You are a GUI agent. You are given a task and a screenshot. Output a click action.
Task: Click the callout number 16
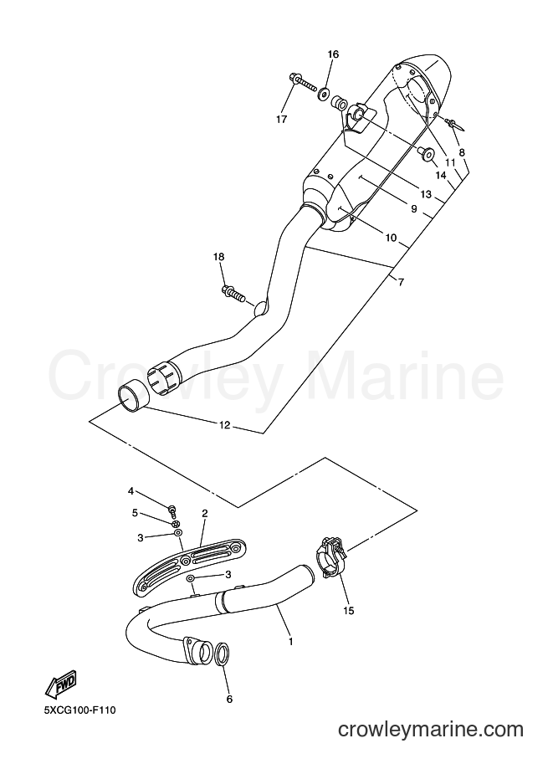pos(333,54)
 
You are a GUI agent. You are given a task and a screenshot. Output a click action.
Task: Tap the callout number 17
pos(282,119)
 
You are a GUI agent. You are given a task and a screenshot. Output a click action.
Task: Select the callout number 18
pos(218,257)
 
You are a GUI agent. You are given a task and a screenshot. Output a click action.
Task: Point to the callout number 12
pos(224,425)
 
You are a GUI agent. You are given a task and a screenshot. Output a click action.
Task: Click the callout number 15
pos(348,611)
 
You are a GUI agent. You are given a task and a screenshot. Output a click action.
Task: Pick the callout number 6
pos(229,700)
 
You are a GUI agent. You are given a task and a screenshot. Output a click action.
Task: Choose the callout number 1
pos(290,642)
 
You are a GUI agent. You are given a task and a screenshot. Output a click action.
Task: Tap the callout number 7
pos(401,282)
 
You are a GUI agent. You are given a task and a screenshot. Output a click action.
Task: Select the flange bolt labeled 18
pos(234,294)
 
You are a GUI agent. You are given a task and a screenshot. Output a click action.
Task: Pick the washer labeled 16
pos(324,93)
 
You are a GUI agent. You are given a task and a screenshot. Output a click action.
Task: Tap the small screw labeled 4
pos(172,510)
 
